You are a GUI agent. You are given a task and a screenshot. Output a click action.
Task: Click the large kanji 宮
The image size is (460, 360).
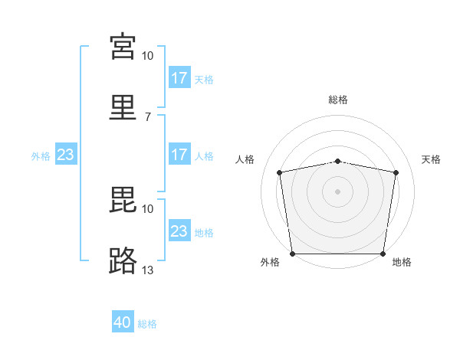(123, 47)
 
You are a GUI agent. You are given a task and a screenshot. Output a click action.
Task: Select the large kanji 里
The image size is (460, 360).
(123, 107)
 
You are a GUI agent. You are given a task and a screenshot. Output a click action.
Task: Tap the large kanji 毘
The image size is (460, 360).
(123, 200)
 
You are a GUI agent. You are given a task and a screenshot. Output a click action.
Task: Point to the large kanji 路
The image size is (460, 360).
(123, 260)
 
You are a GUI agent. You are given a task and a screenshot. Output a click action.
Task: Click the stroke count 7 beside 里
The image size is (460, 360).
(148, 117)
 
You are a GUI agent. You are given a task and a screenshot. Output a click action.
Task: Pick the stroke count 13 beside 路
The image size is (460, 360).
(147, 270)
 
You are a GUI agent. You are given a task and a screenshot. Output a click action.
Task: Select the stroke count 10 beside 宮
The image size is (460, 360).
(147, 56)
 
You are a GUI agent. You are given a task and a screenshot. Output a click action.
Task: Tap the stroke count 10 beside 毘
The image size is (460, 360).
(147, 209)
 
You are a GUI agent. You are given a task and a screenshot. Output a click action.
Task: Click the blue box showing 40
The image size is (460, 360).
(123, 321)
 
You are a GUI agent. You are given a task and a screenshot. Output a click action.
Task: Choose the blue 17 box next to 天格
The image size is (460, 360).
(180, 77)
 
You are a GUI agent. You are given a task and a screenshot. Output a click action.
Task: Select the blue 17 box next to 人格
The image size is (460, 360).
(180, 154)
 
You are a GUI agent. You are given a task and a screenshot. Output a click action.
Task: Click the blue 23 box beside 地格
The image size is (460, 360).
(180, 230)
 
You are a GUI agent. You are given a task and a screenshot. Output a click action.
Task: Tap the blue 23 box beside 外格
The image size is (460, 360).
(66, 154)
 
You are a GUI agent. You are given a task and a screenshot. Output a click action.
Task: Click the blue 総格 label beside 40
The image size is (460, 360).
(147, 324)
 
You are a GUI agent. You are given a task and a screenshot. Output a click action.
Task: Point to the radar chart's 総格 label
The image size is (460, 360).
(338, 100)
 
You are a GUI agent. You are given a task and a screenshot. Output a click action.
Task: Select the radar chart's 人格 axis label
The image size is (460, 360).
(245, 159)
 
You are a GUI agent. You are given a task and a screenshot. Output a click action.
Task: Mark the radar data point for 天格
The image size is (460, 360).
(396, 172)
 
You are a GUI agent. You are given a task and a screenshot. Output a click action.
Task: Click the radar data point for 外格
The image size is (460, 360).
(293, 254)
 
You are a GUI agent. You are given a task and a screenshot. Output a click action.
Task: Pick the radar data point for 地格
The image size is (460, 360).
(383, 254)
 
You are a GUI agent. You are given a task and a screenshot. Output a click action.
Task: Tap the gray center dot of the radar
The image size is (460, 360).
(337, 191)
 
